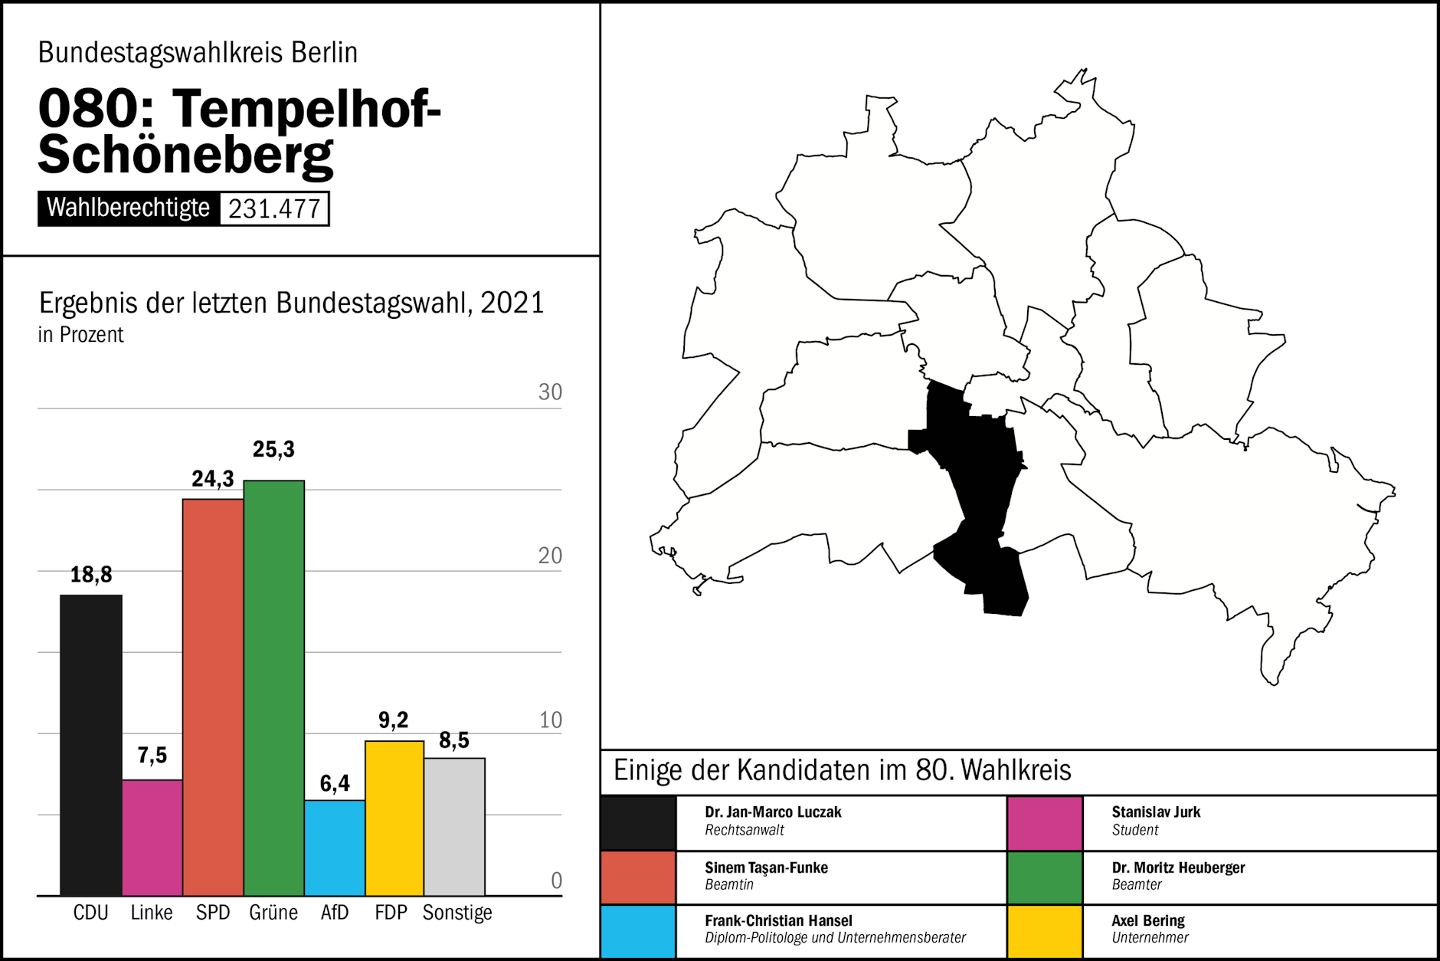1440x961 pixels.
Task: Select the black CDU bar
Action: click(x=91, y=744)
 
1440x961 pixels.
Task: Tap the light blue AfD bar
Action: click(x=335, y=848)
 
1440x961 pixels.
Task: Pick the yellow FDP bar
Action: click(x=394, y=818)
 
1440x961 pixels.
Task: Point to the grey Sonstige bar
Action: click(x=455, y=826)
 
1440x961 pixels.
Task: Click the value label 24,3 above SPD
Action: click(x=213, y=479)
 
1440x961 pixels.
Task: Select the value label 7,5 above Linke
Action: click(x=152, y=756)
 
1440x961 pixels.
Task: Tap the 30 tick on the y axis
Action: click(x=550, y=392)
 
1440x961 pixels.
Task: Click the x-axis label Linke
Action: click(x=152, y=913)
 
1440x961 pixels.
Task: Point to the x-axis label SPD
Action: click(x=213, y=913)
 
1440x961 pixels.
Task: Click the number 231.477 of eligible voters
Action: click(x=274, y=208)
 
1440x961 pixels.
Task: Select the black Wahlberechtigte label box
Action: click(x=129, y=208)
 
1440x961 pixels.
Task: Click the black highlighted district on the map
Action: click(x=977, y=475)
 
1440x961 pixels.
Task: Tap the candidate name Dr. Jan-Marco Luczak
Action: click(x=773, y=812)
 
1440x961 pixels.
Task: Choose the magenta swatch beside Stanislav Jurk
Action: click(x=1045, y=823)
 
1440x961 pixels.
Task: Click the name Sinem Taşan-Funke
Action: click(x=766, y=868)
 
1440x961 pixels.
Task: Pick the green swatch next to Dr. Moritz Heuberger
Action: click(x=1045, y=878)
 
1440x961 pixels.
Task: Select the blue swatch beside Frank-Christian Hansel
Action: click(x=638, y=931)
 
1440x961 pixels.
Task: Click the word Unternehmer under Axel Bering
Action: click(x=1150, y=938)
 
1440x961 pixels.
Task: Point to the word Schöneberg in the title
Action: click(x=186, y=155)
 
